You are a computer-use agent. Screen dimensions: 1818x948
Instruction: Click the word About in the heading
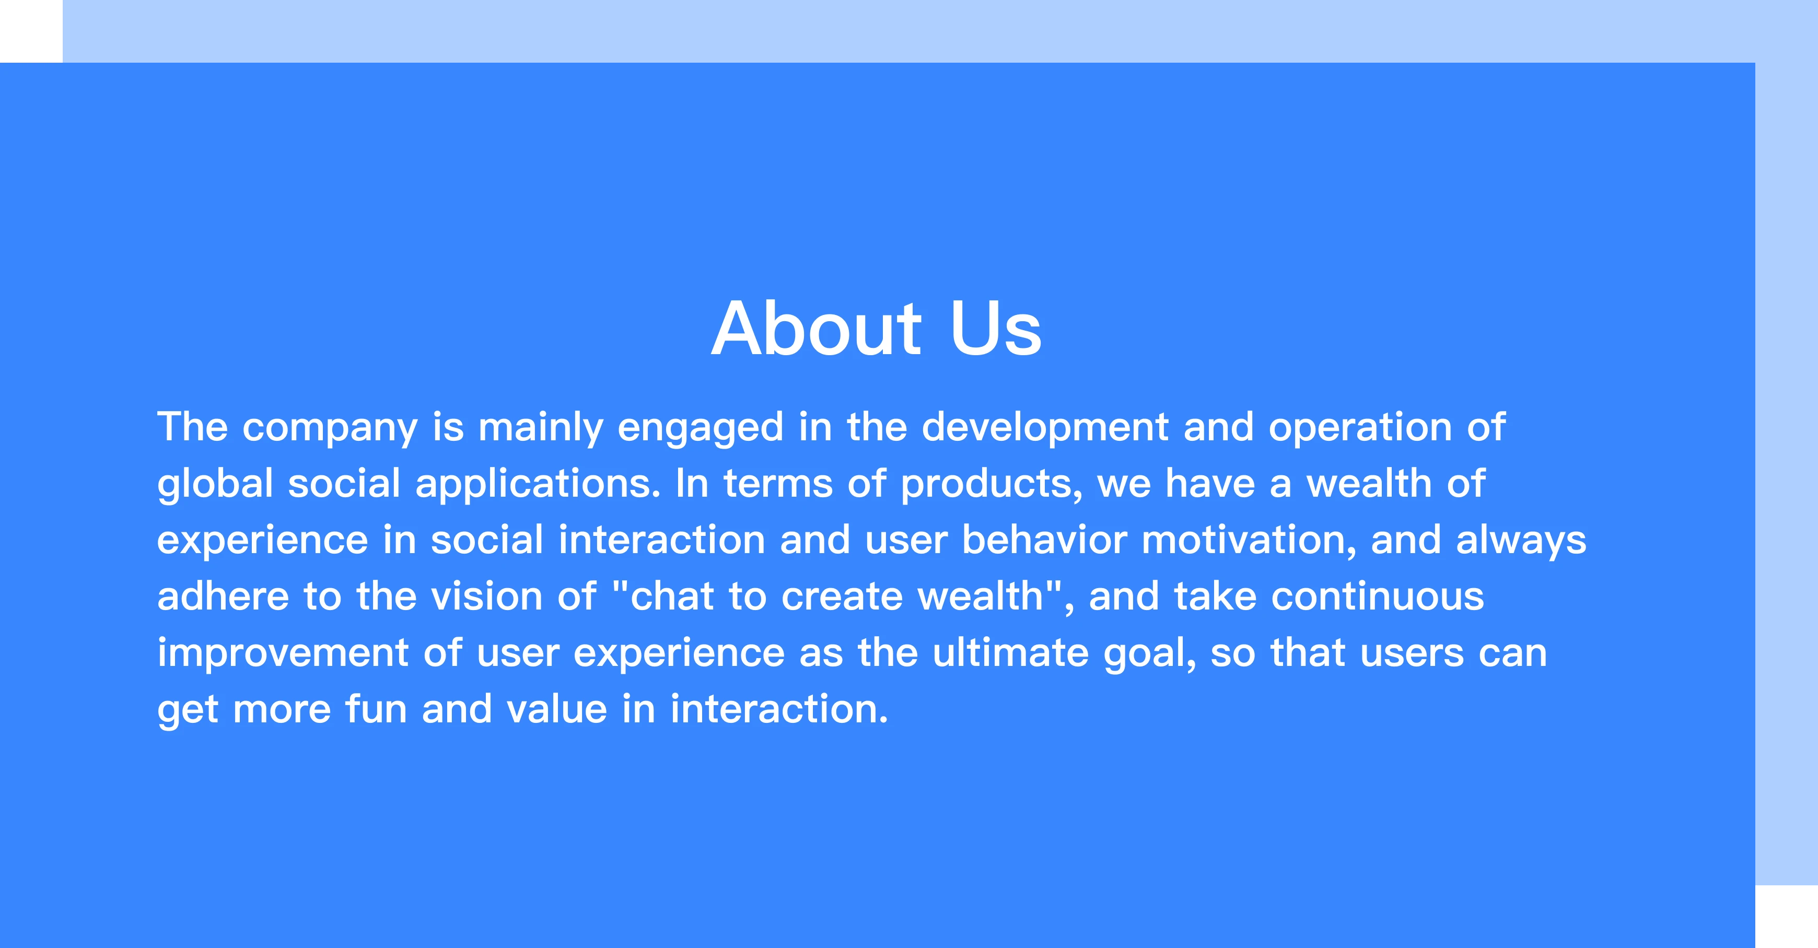coord(816,328)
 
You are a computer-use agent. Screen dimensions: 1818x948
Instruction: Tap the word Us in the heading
coord(996,328)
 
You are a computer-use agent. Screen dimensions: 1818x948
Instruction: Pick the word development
coord(1045,427)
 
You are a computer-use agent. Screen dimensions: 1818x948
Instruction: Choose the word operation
coord(1360,427)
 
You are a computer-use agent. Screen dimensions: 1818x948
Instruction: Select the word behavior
coord(1044,540)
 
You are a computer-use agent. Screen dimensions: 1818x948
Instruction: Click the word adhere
coord(223,596)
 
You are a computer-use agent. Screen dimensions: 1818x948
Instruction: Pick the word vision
coord(487,596)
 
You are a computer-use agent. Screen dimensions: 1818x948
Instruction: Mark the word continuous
coord(1378,596)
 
